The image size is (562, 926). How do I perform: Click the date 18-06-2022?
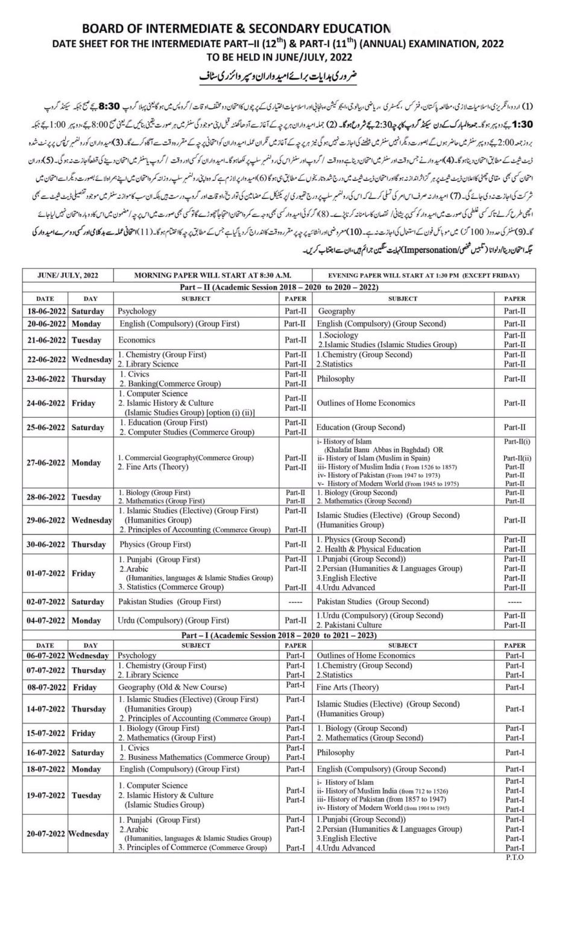(45, 311)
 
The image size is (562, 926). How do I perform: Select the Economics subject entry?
(137, 340)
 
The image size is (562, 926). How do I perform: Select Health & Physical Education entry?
(368, 549)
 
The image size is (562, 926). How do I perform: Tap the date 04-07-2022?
(45, 620)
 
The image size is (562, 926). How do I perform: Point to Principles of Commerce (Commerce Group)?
(192, 848)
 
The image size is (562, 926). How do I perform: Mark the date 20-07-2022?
(45, 834)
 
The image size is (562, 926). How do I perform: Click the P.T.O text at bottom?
(514, 857)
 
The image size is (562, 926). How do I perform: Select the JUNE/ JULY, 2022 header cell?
(68, 276)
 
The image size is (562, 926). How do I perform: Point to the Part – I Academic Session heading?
(279, 635)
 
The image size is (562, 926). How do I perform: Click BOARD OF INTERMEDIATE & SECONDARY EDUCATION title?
(236, 29)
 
